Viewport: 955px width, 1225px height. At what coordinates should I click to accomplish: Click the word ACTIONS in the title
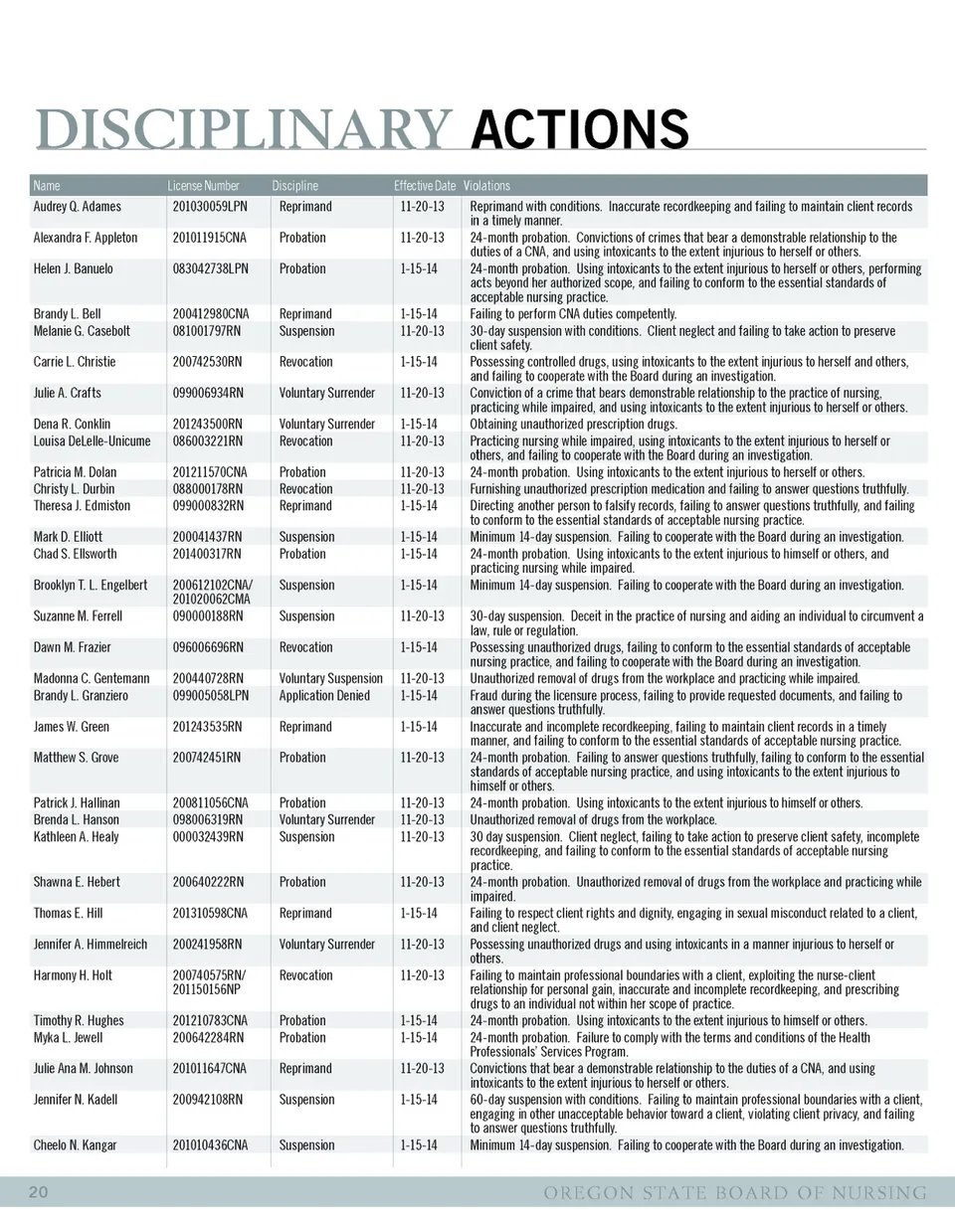tap(580, 129)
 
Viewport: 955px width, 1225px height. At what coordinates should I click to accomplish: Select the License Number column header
tap(203, 186)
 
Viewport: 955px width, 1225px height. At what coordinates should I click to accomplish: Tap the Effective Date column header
tap(424, 186)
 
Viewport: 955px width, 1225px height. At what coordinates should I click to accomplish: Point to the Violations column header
tap(486, 186)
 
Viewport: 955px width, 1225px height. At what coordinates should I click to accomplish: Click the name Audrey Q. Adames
tap(78, 207)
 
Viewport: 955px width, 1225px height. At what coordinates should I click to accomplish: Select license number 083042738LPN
tap(211, 268)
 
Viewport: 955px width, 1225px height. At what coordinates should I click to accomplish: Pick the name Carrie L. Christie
tap(75, 362)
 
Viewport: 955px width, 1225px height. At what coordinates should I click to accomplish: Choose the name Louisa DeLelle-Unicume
tap(93, 441)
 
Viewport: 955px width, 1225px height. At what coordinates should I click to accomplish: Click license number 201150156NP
tap(209, 989)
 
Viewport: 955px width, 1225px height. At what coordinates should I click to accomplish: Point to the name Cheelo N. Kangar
tap(75, 1145)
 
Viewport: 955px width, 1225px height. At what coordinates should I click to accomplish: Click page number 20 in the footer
tap(39, 1192)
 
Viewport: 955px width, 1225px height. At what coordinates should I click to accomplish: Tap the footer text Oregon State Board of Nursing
tap(735, 1192)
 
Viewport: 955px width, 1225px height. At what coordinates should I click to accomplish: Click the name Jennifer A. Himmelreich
tap(91, 945)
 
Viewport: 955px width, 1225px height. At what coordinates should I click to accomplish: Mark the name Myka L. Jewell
tap(68, 1037)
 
